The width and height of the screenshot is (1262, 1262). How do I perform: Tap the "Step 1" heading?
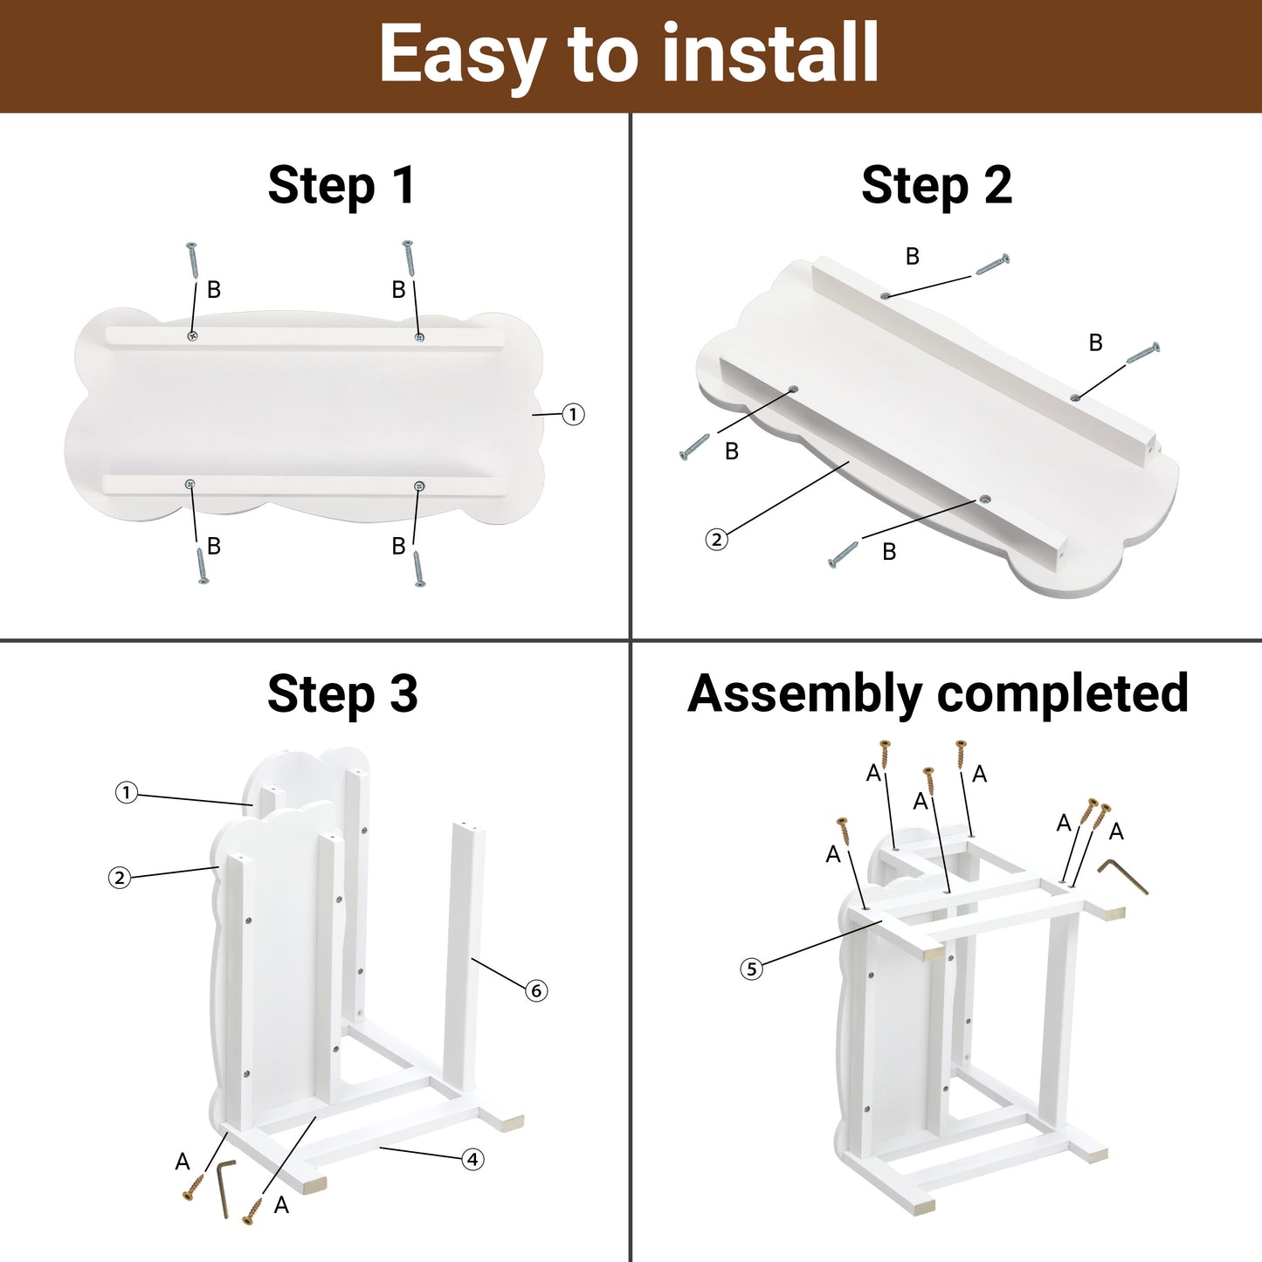[341, 186]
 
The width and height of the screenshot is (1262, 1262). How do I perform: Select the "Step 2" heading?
[936, 186]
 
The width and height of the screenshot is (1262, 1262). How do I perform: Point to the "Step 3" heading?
[342, 693]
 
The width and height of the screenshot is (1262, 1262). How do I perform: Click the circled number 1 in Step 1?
[573, 415]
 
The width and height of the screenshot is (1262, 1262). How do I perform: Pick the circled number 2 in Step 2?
[716, 540]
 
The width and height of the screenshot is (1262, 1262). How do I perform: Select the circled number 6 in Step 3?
[536, 991]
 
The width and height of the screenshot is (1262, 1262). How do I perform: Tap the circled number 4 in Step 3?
[472, 1160]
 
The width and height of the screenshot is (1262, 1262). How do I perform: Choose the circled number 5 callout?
[752, 969]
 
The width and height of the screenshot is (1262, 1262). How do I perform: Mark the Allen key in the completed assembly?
[1122, 876]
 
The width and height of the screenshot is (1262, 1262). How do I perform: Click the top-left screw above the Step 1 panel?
[192, 260]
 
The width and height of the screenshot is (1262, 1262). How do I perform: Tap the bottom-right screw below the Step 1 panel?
[419, 569]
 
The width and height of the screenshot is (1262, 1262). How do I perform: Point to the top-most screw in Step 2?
[992, 264]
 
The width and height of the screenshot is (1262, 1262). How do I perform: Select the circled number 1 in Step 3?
[127, 793]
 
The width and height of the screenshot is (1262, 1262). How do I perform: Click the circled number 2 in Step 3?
[119, 878]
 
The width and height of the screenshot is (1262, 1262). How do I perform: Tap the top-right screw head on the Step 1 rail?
[420, 337]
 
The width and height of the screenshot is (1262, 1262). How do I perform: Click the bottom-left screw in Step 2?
[695, 446]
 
